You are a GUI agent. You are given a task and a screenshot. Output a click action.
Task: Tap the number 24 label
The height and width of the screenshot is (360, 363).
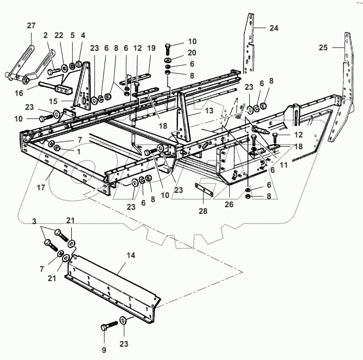click(x=274, y=28)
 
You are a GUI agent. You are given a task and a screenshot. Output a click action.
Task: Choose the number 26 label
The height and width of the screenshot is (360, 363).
click(x=229, y=204)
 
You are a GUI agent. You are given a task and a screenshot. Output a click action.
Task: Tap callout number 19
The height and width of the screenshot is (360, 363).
click(x=151, y=48)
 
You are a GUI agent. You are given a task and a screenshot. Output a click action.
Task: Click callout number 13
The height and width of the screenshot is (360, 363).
click(x=194, y=110)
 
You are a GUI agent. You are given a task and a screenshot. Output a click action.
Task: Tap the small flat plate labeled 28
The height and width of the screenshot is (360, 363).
click(x=206, y=189)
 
